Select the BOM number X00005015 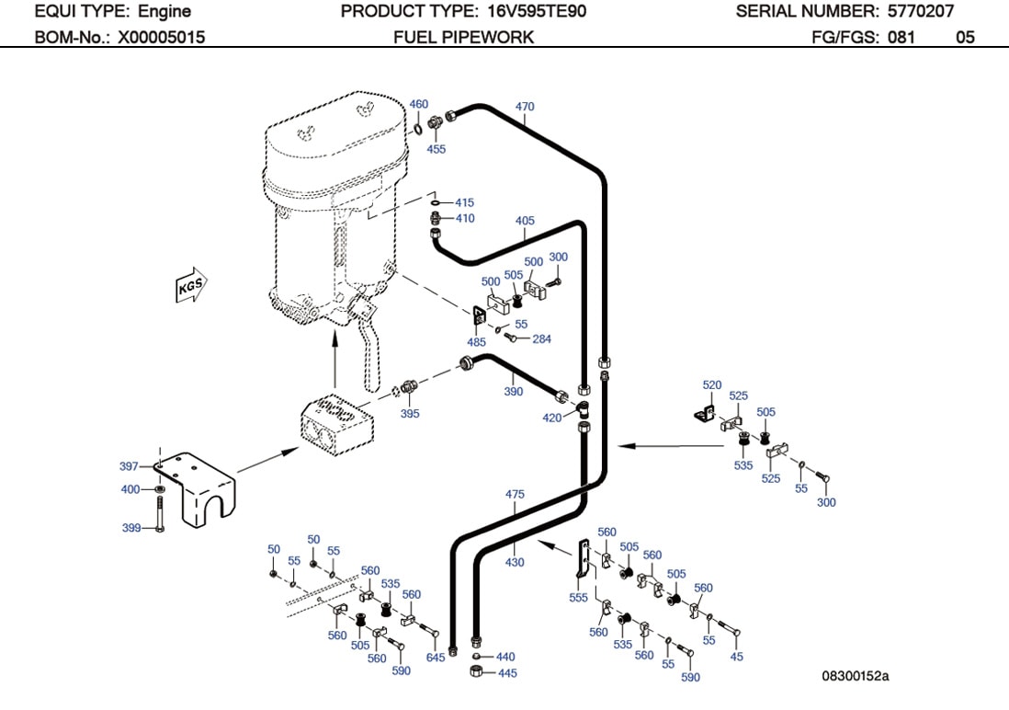[161, 38]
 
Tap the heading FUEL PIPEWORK [463, 38]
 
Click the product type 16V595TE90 [532, 12]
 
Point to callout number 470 [524, 107]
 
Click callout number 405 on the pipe [525, 221]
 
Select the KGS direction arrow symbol [190, 286]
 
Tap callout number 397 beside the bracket [130, 467]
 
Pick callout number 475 [515, 495]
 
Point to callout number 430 [515, 562]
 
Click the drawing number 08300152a [855, 677]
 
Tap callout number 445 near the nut [506, 673]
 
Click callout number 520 [712, 385]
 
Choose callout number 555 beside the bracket [578, 597]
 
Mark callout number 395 [410, 414]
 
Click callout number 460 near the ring [418, 105]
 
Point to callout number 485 [476, 342]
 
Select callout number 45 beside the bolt [736, 657]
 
